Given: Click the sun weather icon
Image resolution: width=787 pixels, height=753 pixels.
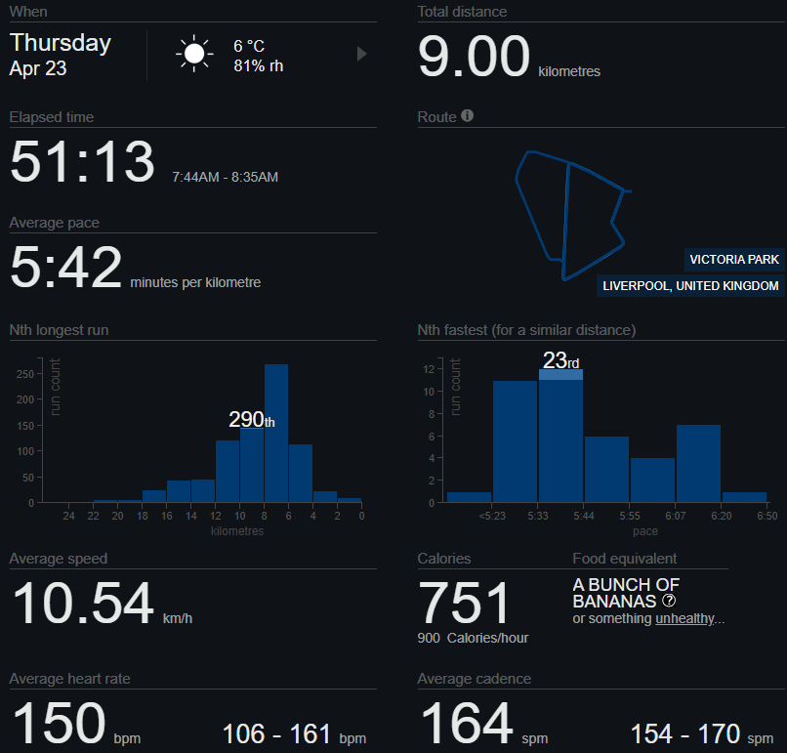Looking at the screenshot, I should click(x=194, y=54).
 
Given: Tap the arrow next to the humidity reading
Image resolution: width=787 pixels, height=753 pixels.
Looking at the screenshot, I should click(x=361, y=54).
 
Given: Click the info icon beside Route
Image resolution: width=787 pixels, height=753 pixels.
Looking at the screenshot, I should click(x=467, y=116).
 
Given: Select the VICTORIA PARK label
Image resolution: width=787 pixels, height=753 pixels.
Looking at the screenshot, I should click(x=733, y=260).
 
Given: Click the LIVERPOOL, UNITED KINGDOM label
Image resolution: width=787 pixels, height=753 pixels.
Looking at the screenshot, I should click(x=690, y=286).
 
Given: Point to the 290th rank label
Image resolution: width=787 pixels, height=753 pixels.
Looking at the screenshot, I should click(x=252, y=420).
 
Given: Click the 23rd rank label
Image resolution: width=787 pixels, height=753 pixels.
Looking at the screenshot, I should click(x=560, y=360).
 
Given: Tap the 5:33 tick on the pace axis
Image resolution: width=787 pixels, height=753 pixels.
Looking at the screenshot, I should click(x=537, y=515).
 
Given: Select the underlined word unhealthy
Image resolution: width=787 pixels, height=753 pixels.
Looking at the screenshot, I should click(x=686, y=618).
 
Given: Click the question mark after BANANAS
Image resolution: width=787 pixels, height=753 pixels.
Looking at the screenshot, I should click(x=669, y=601).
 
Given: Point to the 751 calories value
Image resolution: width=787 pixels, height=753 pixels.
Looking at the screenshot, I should click(x=465, y=604).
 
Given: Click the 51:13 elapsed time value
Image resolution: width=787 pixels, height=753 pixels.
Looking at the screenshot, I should click(x=82, y=161).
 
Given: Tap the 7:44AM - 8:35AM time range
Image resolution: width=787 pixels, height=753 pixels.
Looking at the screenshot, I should click(x=225, y=177).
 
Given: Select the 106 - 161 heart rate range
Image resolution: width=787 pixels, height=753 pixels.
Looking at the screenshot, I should click(x=281, y=733).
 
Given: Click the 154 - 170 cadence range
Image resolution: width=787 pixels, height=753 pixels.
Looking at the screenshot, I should click(x=685, y=733).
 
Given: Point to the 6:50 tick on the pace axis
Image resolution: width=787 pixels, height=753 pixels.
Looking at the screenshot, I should click(x=766, y=515).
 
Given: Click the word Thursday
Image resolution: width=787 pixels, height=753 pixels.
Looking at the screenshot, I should click(x=61, y=43).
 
